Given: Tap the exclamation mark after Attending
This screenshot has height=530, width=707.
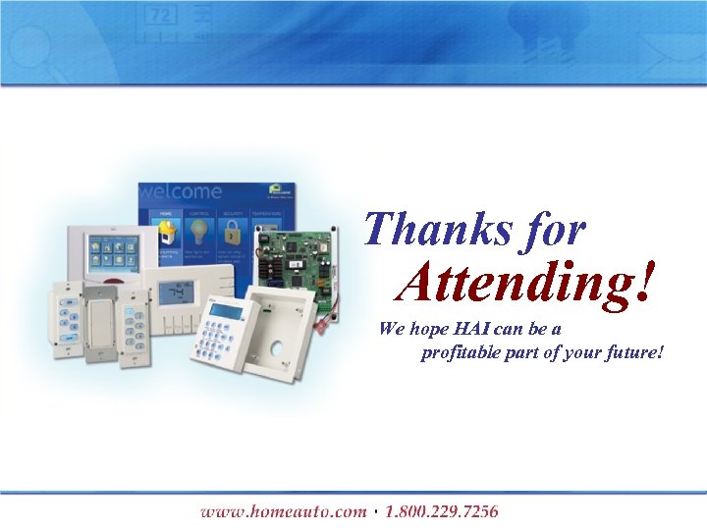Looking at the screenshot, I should click(643, 282).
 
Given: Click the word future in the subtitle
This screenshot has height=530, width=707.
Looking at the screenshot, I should click(628, 352).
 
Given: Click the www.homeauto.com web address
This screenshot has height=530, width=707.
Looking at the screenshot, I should click(283, 510).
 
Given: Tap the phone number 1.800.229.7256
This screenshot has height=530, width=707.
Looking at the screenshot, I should click(442, 510).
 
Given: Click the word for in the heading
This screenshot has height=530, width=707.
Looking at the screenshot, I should click(556, 229).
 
